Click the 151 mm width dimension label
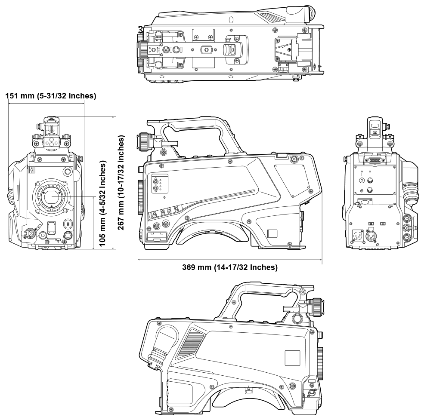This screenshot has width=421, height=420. (51, 96)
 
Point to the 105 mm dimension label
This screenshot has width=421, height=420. (102, 203)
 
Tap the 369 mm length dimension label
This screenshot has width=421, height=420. (229, 267)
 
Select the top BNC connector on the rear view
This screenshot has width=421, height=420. (408, 220)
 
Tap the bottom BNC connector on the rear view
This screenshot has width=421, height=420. (408, 239)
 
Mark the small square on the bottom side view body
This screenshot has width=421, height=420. (292, 358)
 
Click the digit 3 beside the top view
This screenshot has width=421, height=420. (140, 29)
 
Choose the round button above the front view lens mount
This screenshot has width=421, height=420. (67, 172)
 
